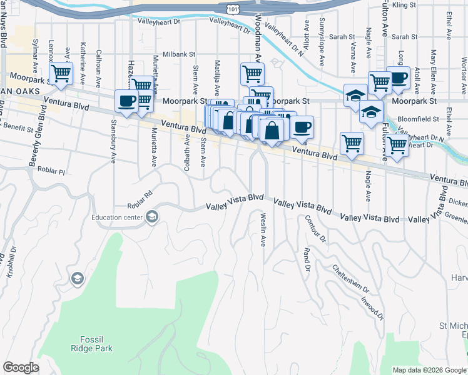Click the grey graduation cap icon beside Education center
click(151, 217)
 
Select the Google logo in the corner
click(21, 367)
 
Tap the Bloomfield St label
click(424, 117)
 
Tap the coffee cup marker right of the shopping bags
click(302, 126)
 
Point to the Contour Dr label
click(315, 229)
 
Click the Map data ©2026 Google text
click(429, 369)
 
